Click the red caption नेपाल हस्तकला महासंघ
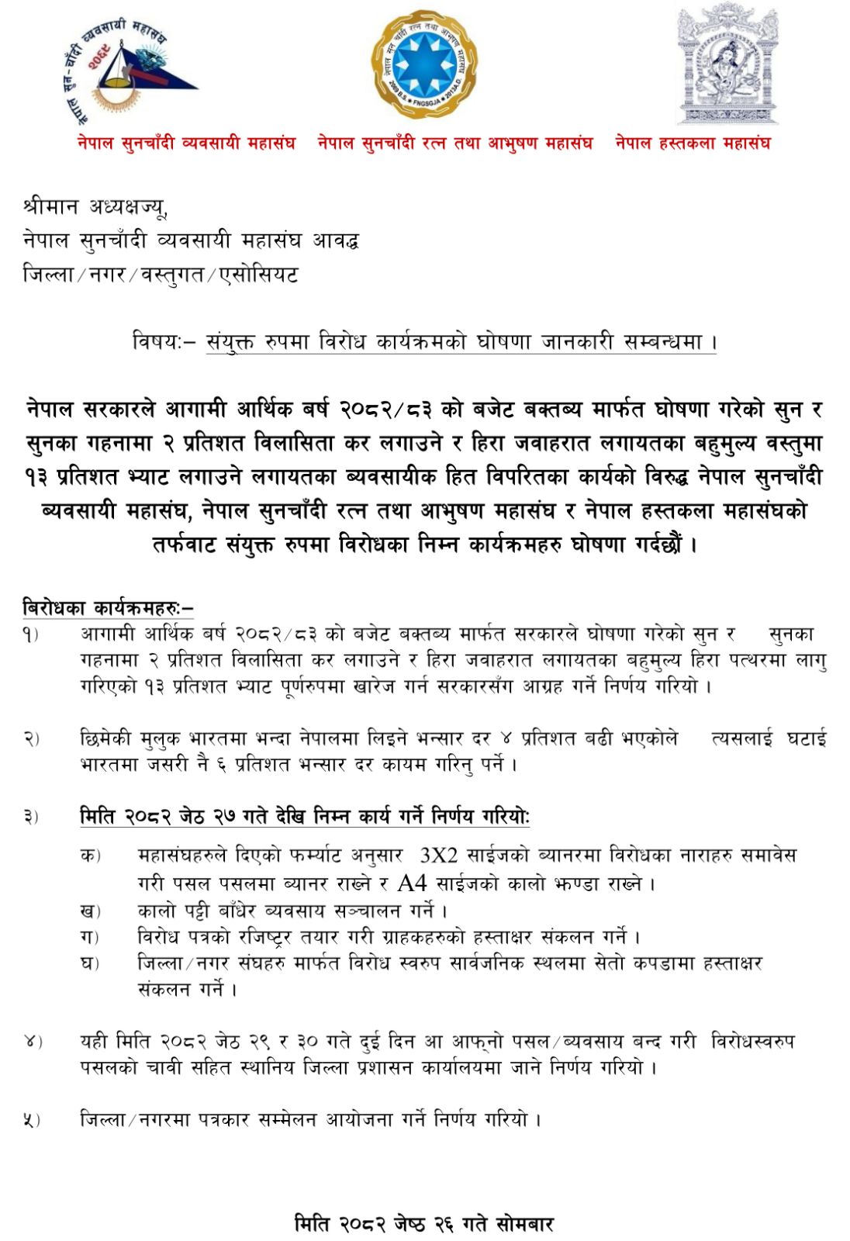click(693, 143)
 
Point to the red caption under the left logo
click(186, 143)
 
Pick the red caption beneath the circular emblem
click(455, 143)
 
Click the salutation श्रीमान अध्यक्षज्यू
click(95, 207)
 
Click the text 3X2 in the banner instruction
click(438, 856)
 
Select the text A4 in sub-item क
click(412, 883)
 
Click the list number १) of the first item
click(31, 635)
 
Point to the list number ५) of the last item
click(31, 1120)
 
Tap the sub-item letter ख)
click(90, 911)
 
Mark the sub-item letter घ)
click(90, 963)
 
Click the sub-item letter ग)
click(90, 937)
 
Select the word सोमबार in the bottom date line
click(524, 1224)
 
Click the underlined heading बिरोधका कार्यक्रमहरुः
click(108, 608)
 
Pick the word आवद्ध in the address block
click(335, 240)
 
